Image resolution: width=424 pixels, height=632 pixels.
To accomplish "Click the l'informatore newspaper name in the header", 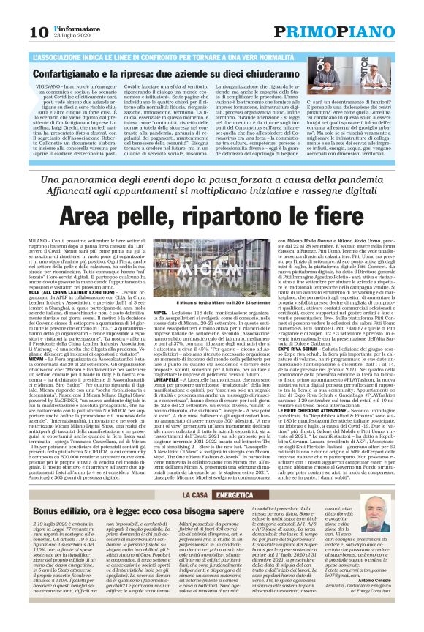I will click(x=68, y=27).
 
